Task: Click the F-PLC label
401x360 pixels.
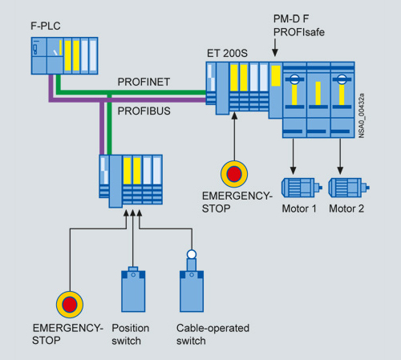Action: tap(46, 26)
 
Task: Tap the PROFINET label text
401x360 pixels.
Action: tap(144, 82)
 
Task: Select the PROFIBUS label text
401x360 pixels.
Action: tap(144, 111)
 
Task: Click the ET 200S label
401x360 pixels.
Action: tap(227, 53)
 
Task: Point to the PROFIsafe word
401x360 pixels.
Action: tap(299, 32)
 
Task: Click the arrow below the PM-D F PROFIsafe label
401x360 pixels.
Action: tap(275, 47)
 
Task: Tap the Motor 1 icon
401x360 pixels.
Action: tap(302, 188)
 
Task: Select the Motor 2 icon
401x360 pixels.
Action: tap(349, 188)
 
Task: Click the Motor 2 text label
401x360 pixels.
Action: tap(346, 208)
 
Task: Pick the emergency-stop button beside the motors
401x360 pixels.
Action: tap(234, 174)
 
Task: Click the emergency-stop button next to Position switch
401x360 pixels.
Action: tap(70, 305)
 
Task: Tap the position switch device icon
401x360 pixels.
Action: tap(133, 289)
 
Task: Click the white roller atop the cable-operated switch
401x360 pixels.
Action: tap(192, 254)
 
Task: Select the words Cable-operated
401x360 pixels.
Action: tap(213, 328)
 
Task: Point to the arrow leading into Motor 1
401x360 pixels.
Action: tap(293, 156)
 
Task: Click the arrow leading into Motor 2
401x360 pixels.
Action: tap(340, 156)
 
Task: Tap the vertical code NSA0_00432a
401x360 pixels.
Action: tap(362, 115)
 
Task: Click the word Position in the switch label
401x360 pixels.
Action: tap(131, 328)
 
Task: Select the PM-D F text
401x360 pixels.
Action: tap(291, 18)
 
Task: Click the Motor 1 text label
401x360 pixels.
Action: tap(299, 208)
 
